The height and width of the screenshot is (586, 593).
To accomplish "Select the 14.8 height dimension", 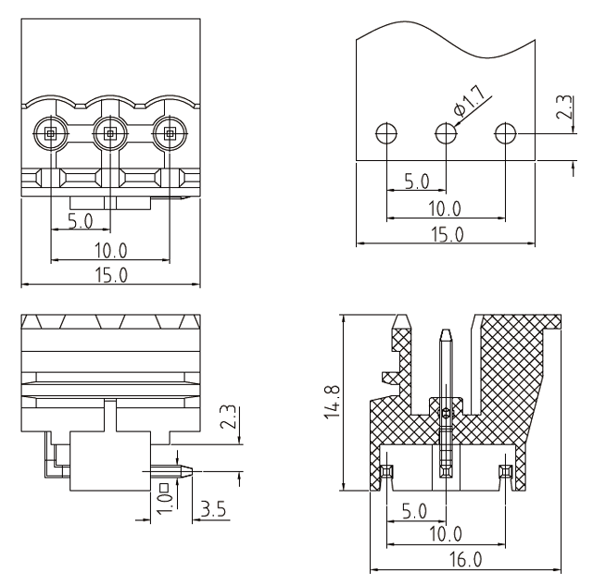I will click(x=331, y=404).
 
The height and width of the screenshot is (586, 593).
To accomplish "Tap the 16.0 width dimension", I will click(x=465, y=560).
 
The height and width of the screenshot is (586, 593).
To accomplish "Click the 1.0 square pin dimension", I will click(x=163, y=497).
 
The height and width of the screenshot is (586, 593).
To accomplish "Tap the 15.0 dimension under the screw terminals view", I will click(x=109, y=274).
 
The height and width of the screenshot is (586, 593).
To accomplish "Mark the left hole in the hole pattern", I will click(x=386, y=133).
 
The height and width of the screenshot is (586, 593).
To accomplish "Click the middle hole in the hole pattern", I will click(x=446, y=133).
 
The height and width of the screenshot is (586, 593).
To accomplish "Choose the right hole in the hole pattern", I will click(x=505, y=133).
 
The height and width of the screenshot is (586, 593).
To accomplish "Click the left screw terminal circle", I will click(x=50, y=133).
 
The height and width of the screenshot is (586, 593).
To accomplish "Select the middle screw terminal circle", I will click(x=109, y=133).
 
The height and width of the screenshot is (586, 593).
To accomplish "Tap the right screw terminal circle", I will click(x=169, y=133).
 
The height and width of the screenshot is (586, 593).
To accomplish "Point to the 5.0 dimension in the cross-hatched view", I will click(x=416, y=510).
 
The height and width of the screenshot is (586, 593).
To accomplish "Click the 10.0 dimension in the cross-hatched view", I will click(x=447, y=534).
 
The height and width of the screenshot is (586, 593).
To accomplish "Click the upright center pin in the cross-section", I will click(x=446, y=370).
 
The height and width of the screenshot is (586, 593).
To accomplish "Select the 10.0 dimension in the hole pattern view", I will click(x=447, y=209).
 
